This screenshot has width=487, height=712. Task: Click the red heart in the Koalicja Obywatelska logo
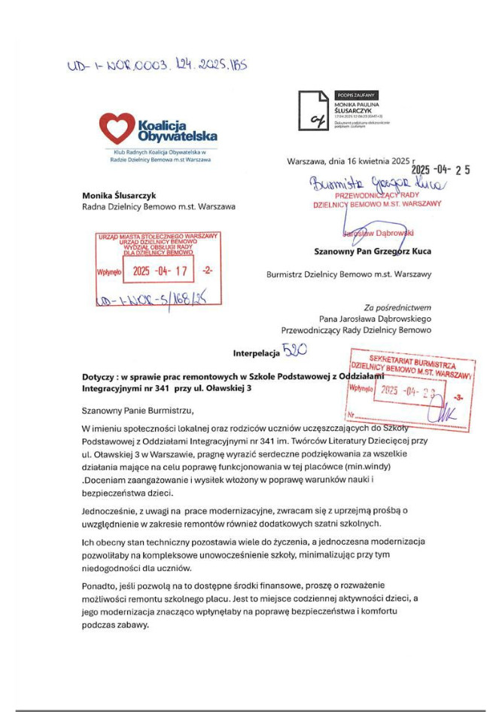(117, 128)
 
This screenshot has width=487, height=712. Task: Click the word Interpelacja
(255, 353)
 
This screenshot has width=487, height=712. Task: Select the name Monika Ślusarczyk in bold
(119, 195)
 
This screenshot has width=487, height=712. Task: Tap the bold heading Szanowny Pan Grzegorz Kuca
(373, 252)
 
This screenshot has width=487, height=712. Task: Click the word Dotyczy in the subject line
(100, 376)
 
